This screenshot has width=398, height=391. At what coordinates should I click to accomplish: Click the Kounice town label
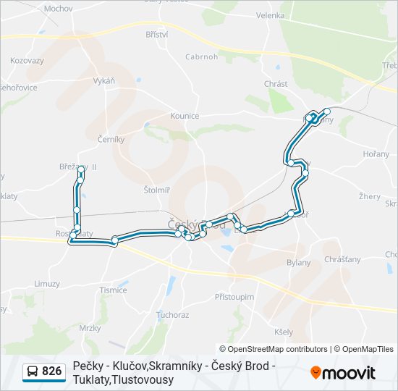tap(185, 115)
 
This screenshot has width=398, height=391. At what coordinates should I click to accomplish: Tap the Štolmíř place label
tap(157, 190)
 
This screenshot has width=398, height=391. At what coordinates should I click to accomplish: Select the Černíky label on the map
tap(111, 138)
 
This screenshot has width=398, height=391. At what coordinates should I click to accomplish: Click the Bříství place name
tap(156, 34)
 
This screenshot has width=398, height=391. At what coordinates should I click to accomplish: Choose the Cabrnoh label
tap(201, 56)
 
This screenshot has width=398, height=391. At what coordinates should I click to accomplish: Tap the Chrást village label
tap(276, 84)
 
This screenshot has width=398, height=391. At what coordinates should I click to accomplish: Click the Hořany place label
tap(376, 154)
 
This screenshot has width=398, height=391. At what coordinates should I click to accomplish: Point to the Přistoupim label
tap(234, 297)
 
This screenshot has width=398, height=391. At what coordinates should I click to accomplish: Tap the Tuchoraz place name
tap(172, 315)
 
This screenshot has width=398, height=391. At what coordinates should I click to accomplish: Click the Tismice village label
tap(114, 290)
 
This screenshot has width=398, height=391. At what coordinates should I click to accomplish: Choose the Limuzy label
tap(47, 284)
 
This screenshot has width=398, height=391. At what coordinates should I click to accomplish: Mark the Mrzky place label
tap(90, 328)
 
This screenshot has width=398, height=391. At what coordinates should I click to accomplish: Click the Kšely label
tap(284, 332)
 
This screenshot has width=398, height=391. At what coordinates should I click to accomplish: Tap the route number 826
tap(51, 371)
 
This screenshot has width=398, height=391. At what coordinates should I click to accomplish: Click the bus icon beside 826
tap(33, 372)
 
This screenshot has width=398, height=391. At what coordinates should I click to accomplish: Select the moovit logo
tap(343, 373)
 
